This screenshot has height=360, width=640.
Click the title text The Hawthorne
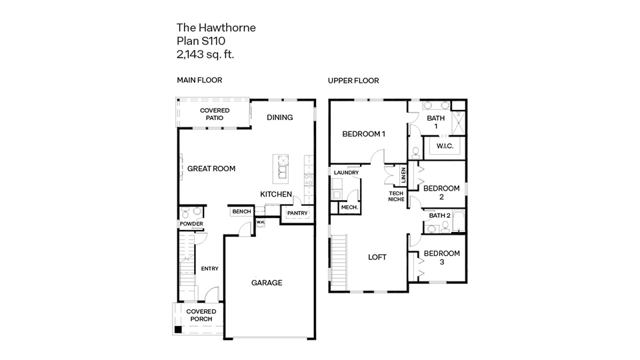tap(216, 27)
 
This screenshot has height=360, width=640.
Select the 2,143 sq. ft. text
tap(205, 53)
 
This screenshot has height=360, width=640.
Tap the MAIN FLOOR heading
tap(199, 80)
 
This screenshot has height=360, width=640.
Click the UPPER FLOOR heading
tap(353, 81)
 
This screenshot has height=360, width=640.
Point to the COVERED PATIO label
tap(214, 114)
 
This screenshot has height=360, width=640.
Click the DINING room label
tap(279, 117)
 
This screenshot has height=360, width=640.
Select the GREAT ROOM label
tap(211, 169)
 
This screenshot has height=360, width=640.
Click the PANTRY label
tap(297, 213)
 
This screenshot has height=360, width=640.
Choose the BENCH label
tap(241, 212)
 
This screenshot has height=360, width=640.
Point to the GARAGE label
tap(267, 283)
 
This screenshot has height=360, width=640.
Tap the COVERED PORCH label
tap(201, 315)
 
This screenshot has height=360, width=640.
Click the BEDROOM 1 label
tap(364, 134)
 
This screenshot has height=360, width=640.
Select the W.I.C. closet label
tap(445, 146)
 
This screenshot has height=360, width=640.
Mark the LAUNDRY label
tap(347, 173)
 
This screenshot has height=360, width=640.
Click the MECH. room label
tap(349, 207)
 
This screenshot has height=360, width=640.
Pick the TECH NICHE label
tap(397, 196)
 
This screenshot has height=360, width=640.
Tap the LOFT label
tap(377, 257)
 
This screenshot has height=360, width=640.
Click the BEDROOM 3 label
tap(442, 257)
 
